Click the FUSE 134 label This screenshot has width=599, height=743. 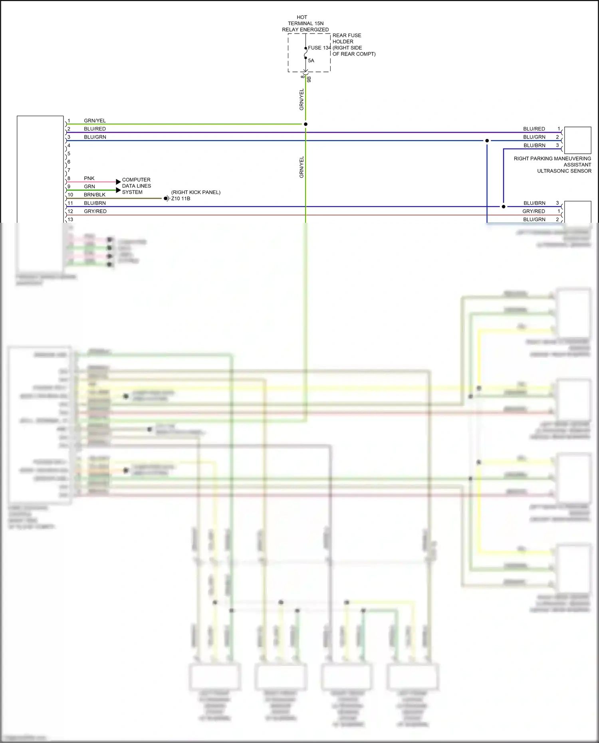(319, 48)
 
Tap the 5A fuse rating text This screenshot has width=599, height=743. (311, 61)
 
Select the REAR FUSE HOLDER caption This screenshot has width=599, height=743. (347, 38)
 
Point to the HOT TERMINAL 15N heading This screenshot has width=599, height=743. (305, 23)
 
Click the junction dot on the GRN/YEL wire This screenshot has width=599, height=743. (305, 124)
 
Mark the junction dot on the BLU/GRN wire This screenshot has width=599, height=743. (487, 141)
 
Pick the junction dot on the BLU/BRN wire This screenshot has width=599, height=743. (503, 206)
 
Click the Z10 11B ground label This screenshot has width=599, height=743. (180, 198)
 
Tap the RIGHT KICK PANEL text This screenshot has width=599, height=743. (196, 192)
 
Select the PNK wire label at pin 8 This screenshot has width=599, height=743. (89, 178)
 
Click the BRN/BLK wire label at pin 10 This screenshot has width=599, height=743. (95, 195)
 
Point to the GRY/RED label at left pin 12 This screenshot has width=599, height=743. (95, 211)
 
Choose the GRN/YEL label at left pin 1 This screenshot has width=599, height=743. (95, 121)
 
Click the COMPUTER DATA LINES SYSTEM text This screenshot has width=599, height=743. (136, 186)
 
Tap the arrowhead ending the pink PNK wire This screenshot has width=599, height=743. (118, 182)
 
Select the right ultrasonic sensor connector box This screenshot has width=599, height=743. (577, 140)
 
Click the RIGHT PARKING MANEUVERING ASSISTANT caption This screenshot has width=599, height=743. (552, 164)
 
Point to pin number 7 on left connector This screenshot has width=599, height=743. (69, 170)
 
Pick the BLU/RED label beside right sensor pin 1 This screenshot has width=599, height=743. (534, 129)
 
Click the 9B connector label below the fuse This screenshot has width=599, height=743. (309, 79)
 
